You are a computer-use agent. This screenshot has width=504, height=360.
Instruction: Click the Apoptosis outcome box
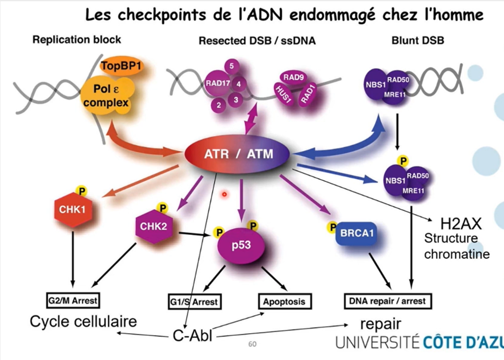284,301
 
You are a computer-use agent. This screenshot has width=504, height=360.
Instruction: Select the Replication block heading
77,39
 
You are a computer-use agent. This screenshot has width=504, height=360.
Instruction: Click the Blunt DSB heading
418,40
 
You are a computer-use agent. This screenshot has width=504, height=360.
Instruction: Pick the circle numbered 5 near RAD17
231,66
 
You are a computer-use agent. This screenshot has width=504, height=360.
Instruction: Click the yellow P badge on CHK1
82,190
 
